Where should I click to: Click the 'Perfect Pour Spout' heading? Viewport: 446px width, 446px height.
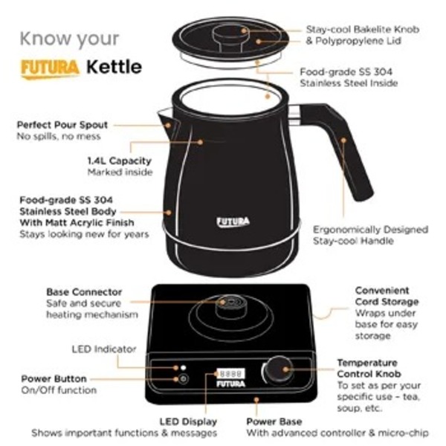click(x=62, y=125)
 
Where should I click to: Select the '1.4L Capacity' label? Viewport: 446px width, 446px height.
click(x=120, y=161)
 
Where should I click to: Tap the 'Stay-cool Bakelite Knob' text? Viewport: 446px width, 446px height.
click(x=358, y=30)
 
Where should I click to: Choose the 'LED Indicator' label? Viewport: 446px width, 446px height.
click(x=104, y=349)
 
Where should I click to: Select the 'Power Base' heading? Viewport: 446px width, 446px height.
click(x=275, y=421)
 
